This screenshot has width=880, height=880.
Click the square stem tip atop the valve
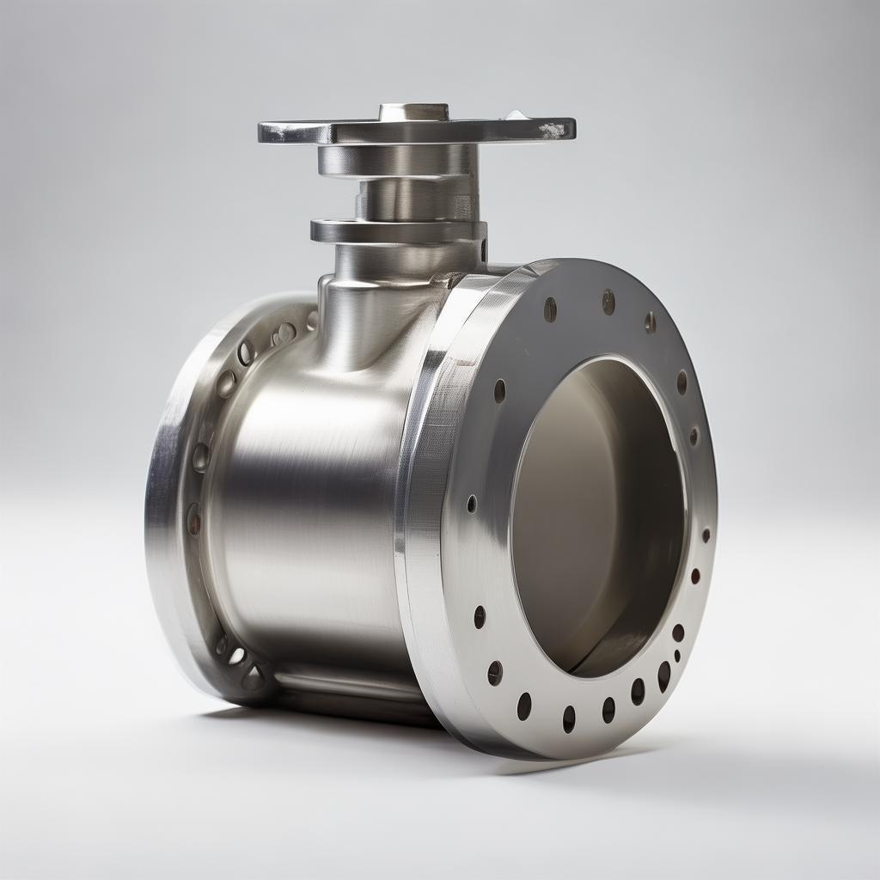click(413, 113)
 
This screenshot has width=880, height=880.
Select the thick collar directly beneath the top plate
click(395, 160)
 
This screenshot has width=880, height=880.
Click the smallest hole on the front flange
click(677, 656)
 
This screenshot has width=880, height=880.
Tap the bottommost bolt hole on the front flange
click(569, 718)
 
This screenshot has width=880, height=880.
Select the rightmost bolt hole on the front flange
click(706, 535)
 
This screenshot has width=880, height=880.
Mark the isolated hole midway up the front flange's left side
click(471, 504)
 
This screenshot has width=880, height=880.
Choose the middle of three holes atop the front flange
click(608, 302)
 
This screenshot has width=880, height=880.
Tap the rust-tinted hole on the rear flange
click(193, 518)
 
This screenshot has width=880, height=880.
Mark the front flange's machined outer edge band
click(421, 516)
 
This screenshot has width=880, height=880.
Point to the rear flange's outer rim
click(163, 516)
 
